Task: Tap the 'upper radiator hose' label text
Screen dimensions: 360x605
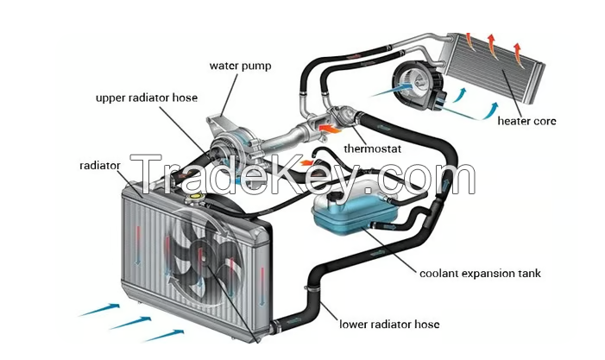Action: tap(147, 98)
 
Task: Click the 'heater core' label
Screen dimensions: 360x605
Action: tap(526, 121)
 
